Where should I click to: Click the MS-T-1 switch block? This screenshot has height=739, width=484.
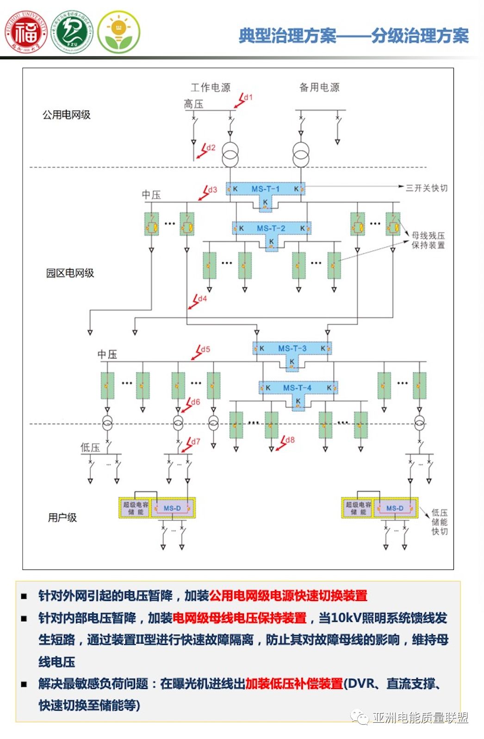265,189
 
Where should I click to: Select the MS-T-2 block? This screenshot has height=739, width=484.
271,228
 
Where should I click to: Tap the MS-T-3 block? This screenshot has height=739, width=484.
292,348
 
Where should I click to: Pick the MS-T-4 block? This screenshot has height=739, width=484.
298,388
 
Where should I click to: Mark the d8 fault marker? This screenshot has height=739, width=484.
285,442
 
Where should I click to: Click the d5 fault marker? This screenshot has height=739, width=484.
201,351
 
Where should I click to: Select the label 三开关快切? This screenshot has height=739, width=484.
427,188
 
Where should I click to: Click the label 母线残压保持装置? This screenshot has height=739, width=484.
428,240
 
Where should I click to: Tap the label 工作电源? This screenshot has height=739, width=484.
211,88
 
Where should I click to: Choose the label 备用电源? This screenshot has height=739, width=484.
319,88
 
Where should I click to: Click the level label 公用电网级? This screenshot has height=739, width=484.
67,115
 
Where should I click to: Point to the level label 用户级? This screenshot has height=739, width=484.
62,518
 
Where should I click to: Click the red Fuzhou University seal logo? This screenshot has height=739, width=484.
26,32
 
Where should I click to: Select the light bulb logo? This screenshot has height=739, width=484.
119,32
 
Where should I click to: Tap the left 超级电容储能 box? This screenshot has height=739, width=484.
135,508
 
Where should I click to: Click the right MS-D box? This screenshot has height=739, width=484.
395,508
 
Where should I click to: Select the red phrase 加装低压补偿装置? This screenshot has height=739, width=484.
294,683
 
